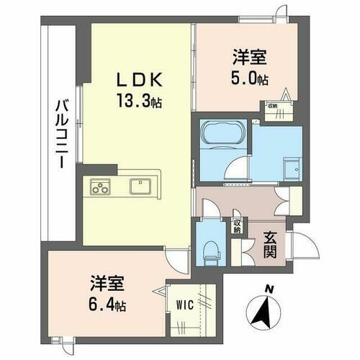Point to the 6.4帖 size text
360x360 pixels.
click(x=107, y=305)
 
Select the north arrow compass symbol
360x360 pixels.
click(x=263, y=310)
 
